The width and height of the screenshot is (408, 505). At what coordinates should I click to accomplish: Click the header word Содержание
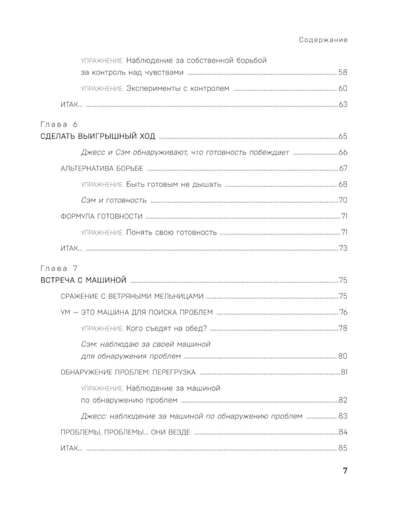point(323,40)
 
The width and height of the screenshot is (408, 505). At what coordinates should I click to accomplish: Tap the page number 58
point(342,73)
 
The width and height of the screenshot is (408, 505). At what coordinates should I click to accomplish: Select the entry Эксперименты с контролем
point(177,89)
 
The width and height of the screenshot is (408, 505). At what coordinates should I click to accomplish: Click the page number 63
point(343,104)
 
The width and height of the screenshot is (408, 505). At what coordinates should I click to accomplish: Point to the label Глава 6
point(59,124)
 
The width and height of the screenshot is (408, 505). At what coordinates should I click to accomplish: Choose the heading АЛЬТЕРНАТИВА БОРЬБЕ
point(102,168)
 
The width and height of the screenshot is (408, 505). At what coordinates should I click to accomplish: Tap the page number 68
point(342,184)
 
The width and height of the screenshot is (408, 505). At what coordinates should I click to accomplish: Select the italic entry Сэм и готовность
point(113,200)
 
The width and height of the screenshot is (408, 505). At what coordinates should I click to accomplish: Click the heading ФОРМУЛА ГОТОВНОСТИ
point(101,216)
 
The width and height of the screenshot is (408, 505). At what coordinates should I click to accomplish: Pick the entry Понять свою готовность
point(171,233)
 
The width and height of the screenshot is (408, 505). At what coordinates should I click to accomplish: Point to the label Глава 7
point(59,268)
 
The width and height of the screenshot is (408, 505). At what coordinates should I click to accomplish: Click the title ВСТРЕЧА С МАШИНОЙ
point(84,280)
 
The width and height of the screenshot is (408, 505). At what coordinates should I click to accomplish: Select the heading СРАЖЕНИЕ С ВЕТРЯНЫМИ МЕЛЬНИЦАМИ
point(132,297)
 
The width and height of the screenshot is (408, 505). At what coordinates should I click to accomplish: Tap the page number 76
point(343,312)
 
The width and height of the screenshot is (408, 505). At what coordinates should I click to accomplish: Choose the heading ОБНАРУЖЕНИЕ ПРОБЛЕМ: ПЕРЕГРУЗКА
point(128,372)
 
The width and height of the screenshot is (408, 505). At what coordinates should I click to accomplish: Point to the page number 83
point(342,416)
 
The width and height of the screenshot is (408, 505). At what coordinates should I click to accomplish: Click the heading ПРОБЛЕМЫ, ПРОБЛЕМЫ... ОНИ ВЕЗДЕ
point(125,432)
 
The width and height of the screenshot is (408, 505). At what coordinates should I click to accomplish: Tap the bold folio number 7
point(345,471)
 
